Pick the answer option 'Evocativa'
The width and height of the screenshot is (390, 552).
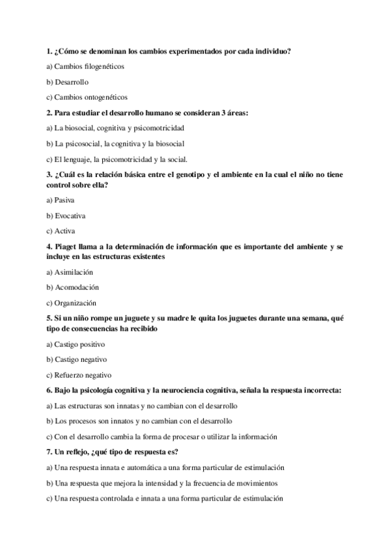(x=70, y=215)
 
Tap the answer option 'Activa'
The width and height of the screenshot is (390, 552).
(x=65, y=230)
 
